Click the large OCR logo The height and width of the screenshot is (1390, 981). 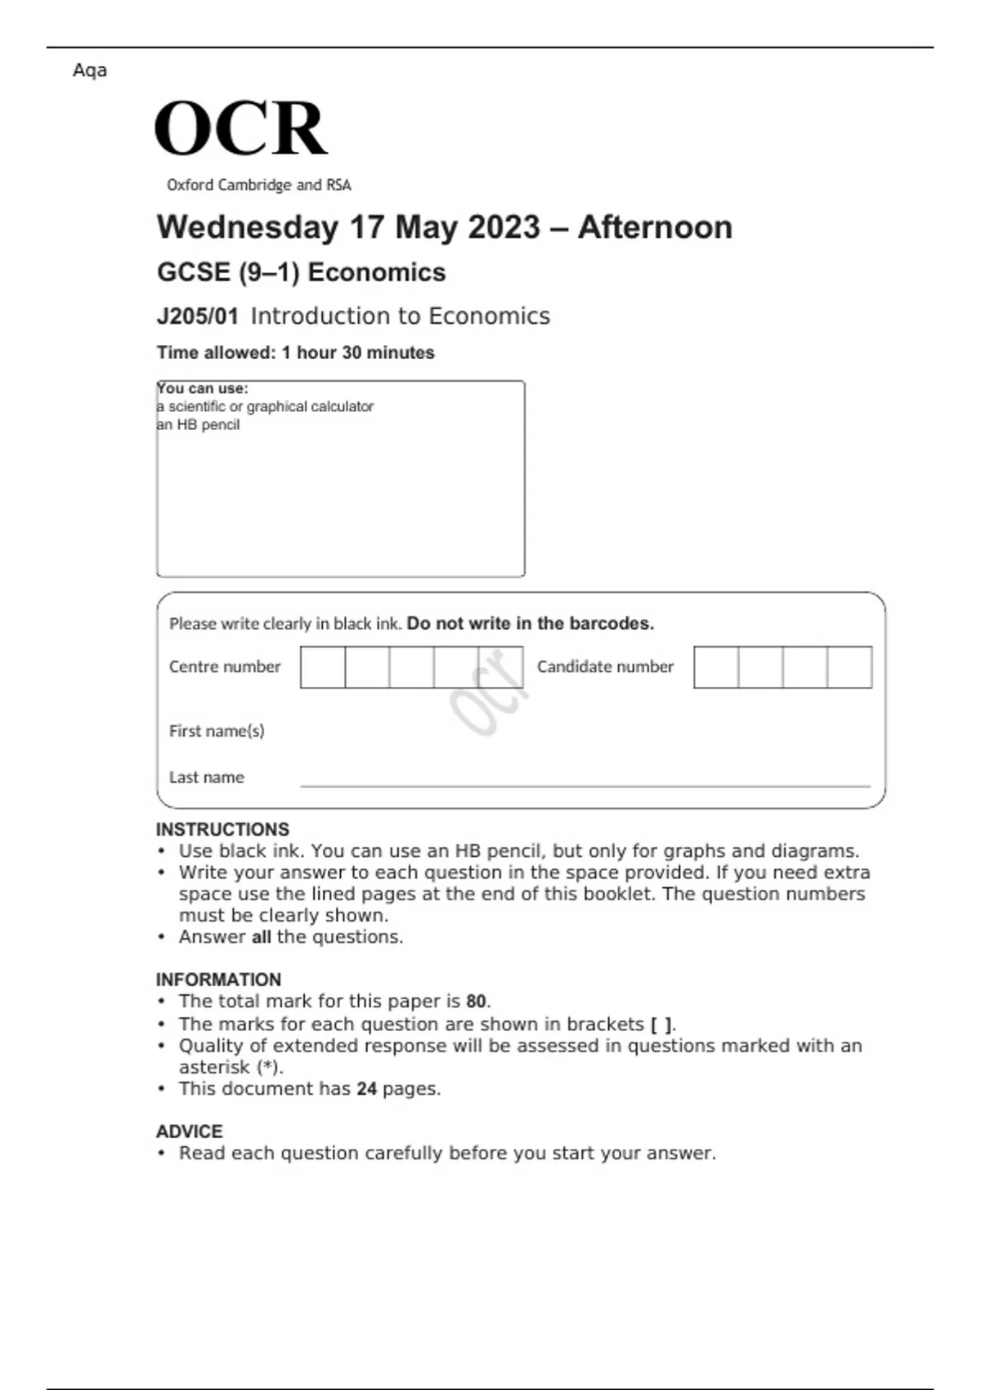241,128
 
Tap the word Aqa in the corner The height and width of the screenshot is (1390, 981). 90,70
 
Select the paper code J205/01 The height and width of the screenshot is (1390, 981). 197,316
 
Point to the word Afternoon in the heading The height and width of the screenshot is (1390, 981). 655,227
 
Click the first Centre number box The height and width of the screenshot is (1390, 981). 323,667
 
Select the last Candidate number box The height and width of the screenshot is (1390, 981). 849,667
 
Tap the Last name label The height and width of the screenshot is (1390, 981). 206,778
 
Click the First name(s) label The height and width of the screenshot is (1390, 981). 217,731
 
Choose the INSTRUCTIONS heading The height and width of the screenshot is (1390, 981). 222,829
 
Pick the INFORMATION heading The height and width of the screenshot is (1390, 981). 218,980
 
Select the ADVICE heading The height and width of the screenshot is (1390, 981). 189,1132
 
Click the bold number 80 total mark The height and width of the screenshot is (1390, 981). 476,1002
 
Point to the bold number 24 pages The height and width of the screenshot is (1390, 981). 366,1089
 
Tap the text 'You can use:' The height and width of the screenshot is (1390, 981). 203,388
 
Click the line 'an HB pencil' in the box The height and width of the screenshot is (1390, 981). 198,425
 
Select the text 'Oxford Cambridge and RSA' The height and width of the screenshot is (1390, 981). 258,186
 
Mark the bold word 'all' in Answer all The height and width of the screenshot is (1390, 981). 261,937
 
